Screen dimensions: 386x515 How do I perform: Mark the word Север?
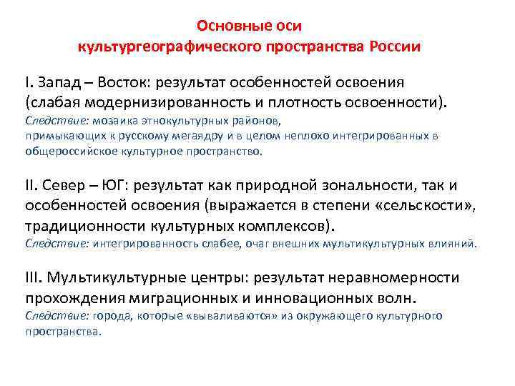[x=66, y=186]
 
